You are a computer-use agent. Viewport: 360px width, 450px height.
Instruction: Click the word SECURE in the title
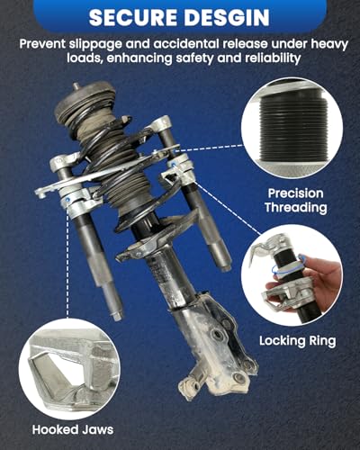[x=134, y=17]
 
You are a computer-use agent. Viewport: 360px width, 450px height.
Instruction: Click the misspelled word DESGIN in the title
[x=228, y=17]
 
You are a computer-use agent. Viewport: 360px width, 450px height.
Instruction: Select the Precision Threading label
[x=295, y=200]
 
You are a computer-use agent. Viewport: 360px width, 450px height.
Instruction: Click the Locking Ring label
[x=298, y=341]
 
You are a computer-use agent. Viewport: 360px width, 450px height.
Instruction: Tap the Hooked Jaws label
[x=73, y=429]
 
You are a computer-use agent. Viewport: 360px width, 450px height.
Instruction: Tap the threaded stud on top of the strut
[x=76, y=86]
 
